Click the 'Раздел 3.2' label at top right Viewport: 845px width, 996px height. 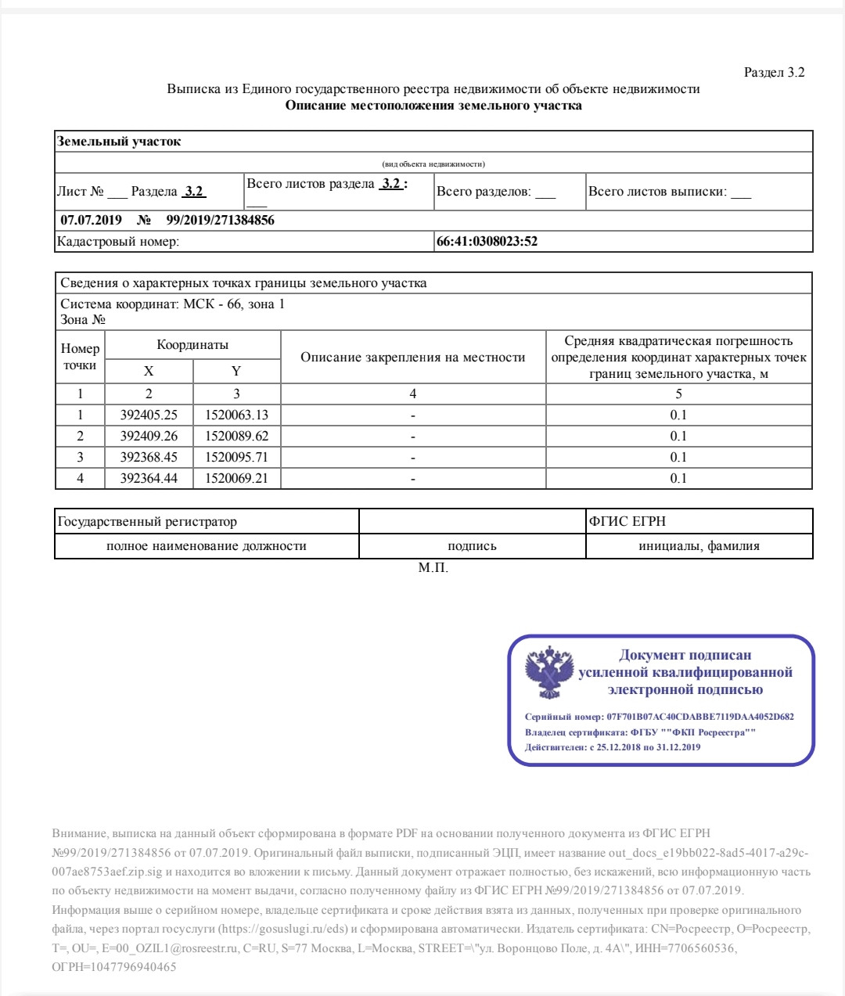click(x=774, y=73)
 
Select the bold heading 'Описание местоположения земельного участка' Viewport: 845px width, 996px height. click(x=433, y=106)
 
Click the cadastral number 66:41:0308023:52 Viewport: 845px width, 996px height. click(x=487, y=242)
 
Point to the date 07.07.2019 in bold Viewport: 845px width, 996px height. click(x=91, y=221)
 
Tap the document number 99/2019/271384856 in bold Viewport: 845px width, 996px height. click(x=220, y=221)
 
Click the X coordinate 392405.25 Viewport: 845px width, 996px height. click(x=149, y=415)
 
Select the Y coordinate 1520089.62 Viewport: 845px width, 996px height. click(x=236, y=437)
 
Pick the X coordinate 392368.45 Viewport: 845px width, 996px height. click(x=149, y=458)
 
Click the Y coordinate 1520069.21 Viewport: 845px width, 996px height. click(x=236, y=478)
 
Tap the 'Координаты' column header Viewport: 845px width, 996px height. click(x=192, y=345)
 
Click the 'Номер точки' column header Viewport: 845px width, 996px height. click(x=80, y=357)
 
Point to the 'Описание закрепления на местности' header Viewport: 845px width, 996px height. click(x=412, y=358)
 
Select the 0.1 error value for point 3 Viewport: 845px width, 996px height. click(x=678, y=458)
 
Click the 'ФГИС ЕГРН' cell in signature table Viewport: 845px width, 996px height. click(x=627, y=522)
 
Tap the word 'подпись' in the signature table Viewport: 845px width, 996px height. click(x=472, y=546)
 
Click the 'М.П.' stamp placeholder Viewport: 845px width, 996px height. click(x=433, y=568)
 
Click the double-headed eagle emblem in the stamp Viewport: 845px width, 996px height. click(x=549, y=673)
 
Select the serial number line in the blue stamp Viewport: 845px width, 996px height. click(x=659, y=717)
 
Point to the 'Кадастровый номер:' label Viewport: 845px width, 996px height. click(x=118, y=242)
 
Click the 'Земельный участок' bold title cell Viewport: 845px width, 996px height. click(x=119, y=142)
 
